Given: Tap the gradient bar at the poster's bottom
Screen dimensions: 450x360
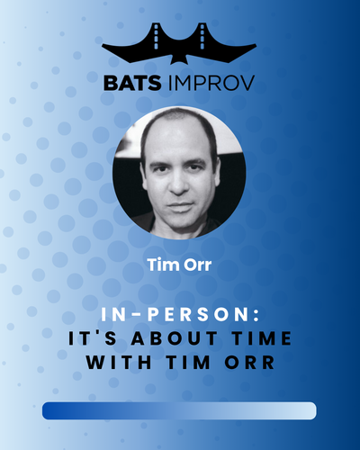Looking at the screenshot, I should click(179, 410).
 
